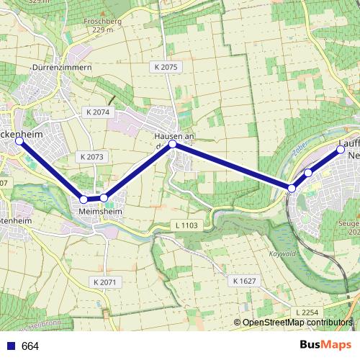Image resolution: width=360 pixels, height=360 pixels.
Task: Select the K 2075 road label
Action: click(165, 66)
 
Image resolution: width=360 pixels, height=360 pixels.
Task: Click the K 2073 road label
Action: click(92, 156)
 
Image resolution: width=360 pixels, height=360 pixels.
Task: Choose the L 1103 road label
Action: click(186, 225)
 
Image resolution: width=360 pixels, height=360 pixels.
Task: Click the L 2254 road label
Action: click(306, 311)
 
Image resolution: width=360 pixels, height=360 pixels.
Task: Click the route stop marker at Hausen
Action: click(173, 144)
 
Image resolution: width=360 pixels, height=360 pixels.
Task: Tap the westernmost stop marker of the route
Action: click(19, 141)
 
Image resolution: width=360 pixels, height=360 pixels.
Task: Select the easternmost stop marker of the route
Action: click(341, 149)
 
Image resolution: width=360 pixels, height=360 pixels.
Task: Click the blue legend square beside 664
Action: click(10, 346)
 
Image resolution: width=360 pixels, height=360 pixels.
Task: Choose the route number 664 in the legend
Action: click(30, 346)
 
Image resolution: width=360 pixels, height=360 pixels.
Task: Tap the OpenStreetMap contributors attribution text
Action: click(296, 323)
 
